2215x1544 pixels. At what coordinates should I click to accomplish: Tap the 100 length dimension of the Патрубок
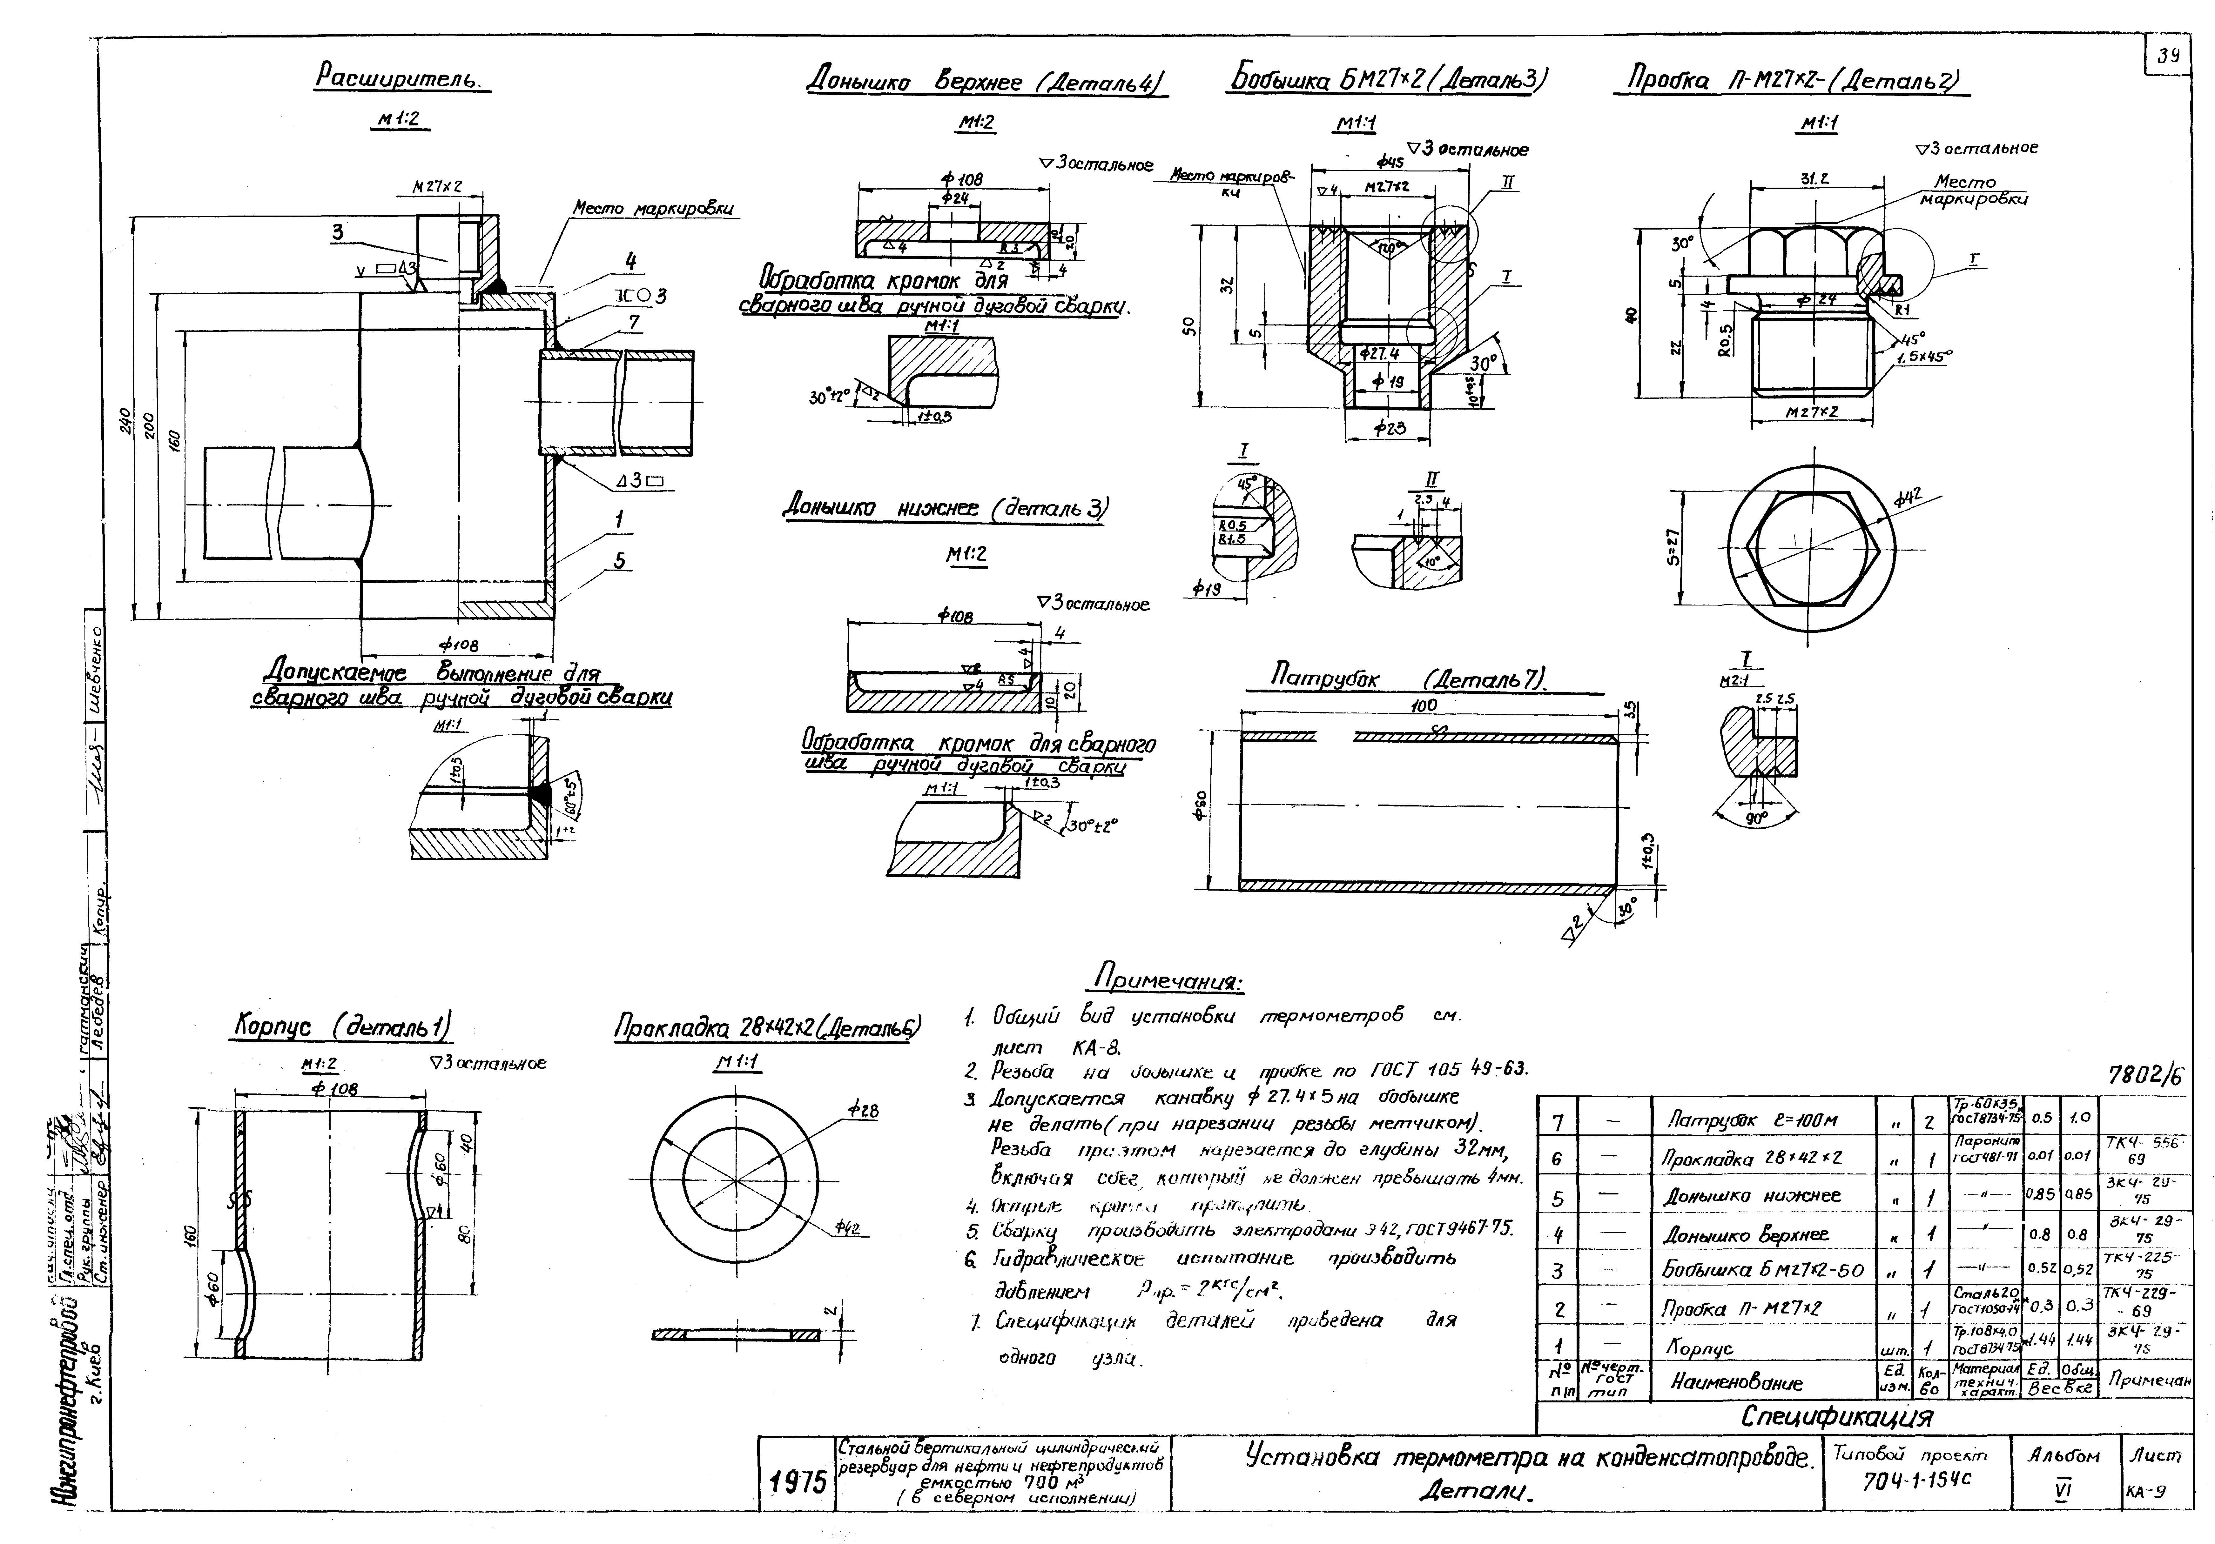click(x=1424, y=706)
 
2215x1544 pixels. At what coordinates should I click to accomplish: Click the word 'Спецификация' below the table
click(x=1837, y=1417)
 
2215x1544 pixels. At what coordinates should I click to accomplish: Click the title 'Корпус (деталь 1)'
click(x=342, y=1026)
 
